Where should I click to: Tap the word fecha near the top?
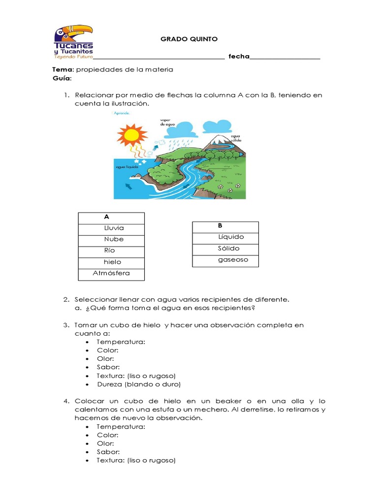(239, 57)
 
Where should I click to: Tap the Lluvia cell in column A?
(114, 228)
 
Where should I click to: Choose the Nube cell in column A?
(114, 239)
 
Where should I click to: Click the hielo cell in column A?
(112, 262)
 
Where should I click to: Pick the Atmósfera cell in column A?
(111, 273)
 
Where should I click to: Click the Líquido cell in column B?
(231, 237)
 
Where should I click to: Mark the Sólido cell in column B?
(229, 249)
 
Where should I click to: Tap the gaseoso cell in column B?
(233, 260)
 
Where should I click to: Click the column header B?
(220, 226)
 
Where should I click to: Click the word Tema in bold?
(63, 69)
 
